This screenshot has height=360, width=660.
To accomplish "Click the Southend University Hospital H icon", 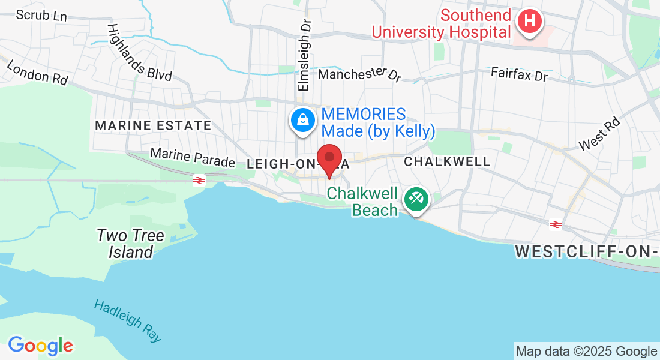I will pyautogui.click(x=529, y=21).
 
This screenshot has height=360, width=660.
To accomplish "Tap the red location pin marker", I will pyautogui.click(x=329, y=159).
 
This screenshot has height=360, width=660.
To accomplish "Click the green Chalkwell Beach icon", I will pyautogui.click(x=415, y=199).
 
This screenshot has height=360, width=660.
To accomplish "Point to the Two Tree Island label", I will pyautogui.click(x=131, y=244).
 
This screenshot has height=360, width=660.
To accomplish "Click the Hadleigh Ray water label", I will pyautogui.click(x=128, y=321).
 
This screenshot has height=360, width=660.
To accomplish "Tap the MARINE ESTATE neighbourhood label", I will pyautogui.click(x=153, y=126).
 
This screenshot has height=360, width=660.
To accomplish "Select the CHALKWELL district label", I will pyautogui.click(x=447, y=161).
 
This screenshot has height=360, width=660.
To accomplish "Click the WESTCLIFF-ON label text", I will pyautogui.click(x=585, y=252).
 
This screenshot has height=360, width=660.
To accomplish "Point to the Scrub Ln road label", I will pyautogui.click(x=41, y=15).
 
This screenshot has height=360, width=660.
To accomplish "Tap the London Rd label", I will pyautogui.click(x=37, y=71).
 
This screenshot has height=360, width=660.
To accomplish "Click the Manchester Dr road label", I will pyautogui.click(x=359, y=74).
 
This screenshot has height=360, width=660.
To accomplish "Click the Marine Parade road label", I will pyautogui.click(x=193, y=158).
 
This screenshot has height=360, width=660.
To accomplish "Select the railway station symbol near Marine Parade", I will pyautogui.click(x=197, y=180).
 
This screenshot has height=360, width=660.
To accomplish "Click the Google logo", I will pyautogui.click(x=40, y=346).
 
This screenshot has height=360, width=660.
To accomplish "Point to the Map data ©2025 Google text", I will pyautogui.click(x=586, y=352).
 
